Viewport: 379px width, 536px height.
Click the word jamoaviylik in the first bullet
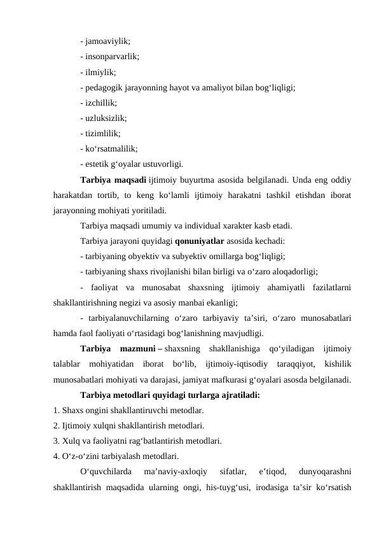(x=108, y=41)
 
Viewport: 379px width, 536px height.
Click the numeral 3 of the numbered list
(x=57, y=441)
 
